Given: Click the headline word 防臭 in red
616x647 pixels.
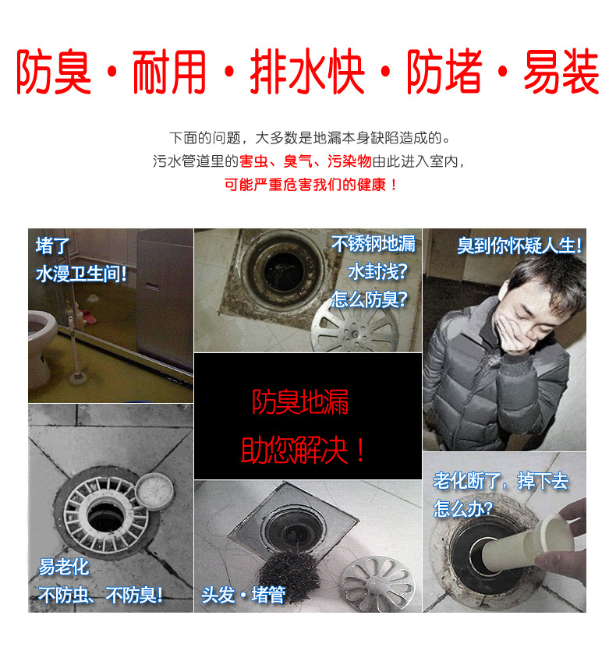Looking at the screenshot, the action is (54, 72).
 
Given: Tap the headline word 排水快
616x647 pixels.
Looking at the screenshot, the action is (307, 72).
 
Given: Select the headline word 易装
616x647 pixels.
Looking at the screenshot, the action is (561, 72).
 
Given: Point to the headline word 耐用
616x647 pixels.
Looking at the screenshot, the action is (170, 72).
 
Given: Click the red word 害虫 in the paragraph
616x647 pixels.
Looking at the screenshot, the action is (253, 161).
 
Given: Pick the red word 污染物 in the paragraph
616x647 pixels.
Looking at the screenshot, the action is (349, 161).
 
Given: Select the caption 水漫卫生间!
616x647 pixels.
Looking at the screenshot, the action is (81, 274).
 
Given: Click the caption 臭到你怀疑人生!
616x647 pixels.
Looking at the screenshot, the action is (519, 246).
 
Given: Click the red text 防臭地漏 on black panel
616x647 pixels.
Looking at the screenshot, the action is (300, 402).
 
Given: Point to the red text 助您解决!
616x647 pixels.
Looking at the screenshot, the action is (303, 450).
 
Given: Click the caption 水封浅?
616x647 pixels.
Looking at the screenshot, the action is (377, 272).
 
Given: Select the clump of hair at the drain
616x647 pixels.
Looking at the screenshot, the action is (289, 575).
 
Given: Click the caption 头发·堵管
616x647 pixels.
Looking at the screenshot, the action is (243, 595).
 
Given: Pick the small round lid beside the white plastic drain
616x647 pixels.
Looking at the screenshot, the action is (154, 491).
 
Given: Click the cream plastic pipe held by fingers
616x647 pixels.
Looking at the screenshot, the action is (526, 541).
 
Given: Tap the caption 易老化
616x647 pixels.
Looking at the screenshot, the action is (64, 567).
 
